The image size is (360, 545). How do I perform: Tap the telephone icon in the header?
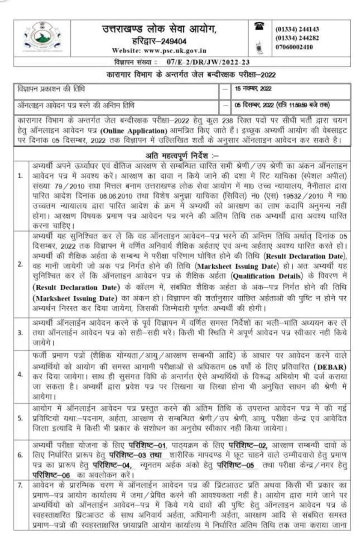coord(257,27)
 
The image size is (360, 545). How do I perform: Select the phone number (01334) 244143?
coord(297,29)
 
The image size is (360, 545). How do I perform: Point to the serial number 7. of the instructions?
coord(20,473)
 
